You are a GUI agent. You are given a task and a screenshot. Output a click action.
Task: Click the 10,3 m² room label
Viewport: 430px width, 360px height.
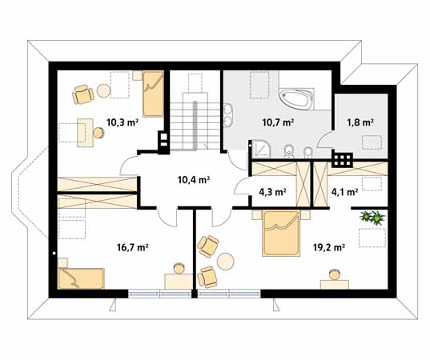(122, 122)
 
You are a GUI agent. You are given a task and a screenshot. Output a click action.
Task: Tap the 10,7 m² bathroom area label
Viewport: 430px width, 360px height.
(278, 122)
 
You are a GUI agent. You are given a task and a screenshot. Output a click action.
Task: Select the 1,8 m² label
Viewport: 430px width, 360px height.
(360, 122)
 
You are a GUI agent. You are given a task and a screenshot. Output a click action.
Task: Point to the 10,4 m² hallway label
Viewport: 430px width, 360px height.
(194, 180)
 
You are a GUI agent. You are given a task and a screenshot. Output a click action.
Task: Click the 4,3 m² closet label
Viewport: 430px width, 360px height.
(272, 192)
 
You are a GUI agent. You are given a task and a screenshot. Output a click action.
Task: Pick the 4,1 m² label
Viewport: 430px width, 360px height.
(344, 192)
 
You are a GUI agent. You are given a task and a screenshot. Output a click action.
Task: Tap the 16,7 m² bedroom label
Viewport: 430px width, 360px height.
(133, 247)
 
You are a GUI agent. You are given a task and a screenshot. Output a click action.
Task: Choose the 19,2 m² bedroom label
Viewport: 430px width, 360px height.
(329, 247)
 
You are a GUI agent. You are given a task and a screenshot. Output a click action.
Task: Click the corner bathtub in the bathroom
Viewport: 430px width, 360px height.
(296, 99)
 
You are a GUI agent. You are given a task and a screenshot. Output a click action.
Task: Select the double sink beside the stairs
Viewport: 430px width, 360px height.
(228, 115)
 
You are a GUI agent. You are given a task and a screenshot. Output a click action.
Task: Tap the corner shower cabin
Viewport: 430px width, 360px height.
(261, 149)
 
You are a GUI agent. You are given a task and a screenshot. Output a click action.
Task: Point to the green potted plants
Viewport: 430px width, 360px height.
(372, 218)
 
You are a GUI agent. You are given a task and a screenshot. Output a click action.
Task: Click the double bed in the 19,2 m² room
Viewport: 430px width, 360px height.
(280, 234)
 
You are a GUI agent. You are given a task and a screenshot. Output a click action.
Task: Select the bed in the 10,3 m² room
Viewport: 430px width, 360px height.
(153, 94)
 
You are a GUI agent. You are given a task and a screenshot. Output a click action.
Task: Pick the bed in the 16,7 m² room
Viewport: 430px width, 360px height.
(81, 278)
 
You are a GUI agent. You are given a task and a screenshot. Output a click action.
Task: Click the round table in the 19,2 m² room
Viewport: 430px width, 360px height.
(226, 262)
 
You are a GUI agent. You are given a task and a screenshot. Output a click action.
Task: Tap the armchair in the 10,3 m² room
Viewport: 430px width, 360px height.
(82, 94)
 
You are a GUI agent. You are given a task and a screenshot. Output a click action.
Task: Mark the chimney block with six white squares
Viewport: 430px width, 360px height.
(342, 160)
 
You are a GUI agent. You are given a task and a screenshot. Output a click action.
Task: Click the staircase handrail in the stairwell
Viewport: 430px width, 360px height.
(195, 126)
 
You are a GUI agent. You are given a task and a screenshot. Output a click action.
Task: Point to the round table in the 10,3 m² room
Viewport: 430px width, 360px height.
(103, 90)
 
